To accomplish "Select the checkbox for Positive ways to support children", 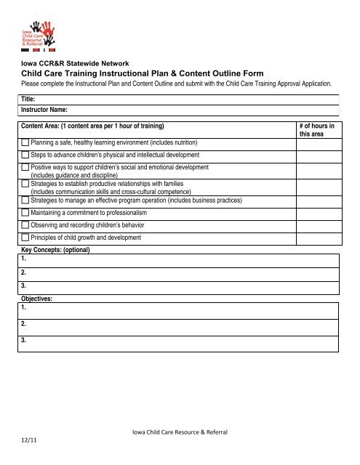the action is pyautogui.click(x=25, y=168).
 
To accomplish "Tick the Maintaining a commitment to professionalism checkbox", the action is pyautogui.click(x=25, y=213).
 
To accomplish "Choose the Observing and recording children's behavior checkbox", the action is pyautogui.click(x=25, y=225).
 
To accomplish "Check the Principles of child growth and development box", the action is pyautogui.click(x=25, y=238).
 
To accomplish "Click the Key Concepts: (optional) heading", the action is pyautogui.click(x=55, y=249).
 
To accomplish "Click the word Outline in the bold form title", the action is pyautogui.click(x=239, y=73).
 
